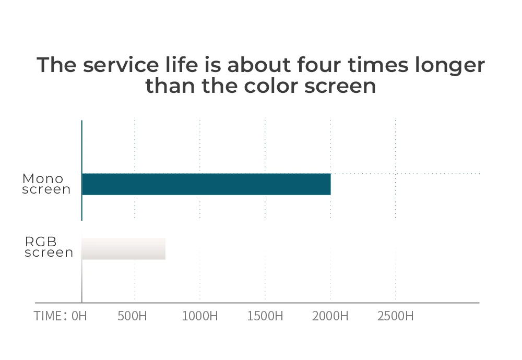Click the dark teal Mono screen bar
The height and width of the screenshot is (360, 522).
(x=206, y=184)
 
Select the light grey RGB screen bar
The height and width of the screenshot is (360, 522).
(x=124, y=248)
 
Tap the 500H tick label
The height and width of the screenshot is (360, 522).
(x=133, y=316)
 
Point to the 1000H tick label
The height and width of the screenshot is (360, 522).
(x=199, y=316)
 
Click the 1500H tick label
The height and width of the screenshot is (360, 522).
(x=265, y=316)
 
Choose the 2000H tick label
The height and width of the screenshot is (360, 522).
(x=330, y=316)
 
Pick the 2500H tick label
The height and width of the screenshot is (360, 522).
(x=396, y=316)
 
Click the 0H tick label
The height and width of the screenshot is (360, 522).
(x=79, y=316)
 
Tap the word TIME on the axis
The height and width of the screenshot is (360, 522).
(x=49, y=316)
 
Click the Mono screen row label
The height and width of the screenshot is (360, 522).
(x=46, y=184)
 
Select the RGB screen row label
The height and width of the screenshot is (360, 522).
(x=49, y=247)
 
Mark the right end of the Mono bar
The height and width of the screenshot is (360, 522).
(x=330, y=184)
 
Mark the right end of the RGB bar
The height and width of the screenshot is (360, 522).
(x=164, y=248)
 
